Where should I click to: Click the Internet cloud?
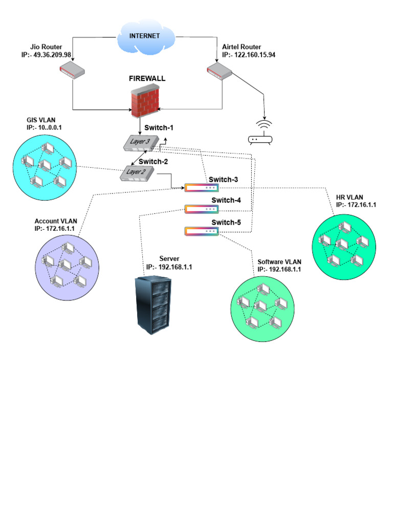[x=144, y=36]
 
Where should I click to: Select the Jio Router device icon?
[x=71, y=70]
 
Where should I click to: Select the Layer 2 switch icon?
[x=138, y=173]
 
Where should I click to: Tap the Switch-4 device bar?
[x=201, y=209]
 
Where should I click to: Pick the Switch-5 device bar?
[x=201, y=232]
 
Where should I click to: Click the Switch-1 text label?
[x=160, y=127]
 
